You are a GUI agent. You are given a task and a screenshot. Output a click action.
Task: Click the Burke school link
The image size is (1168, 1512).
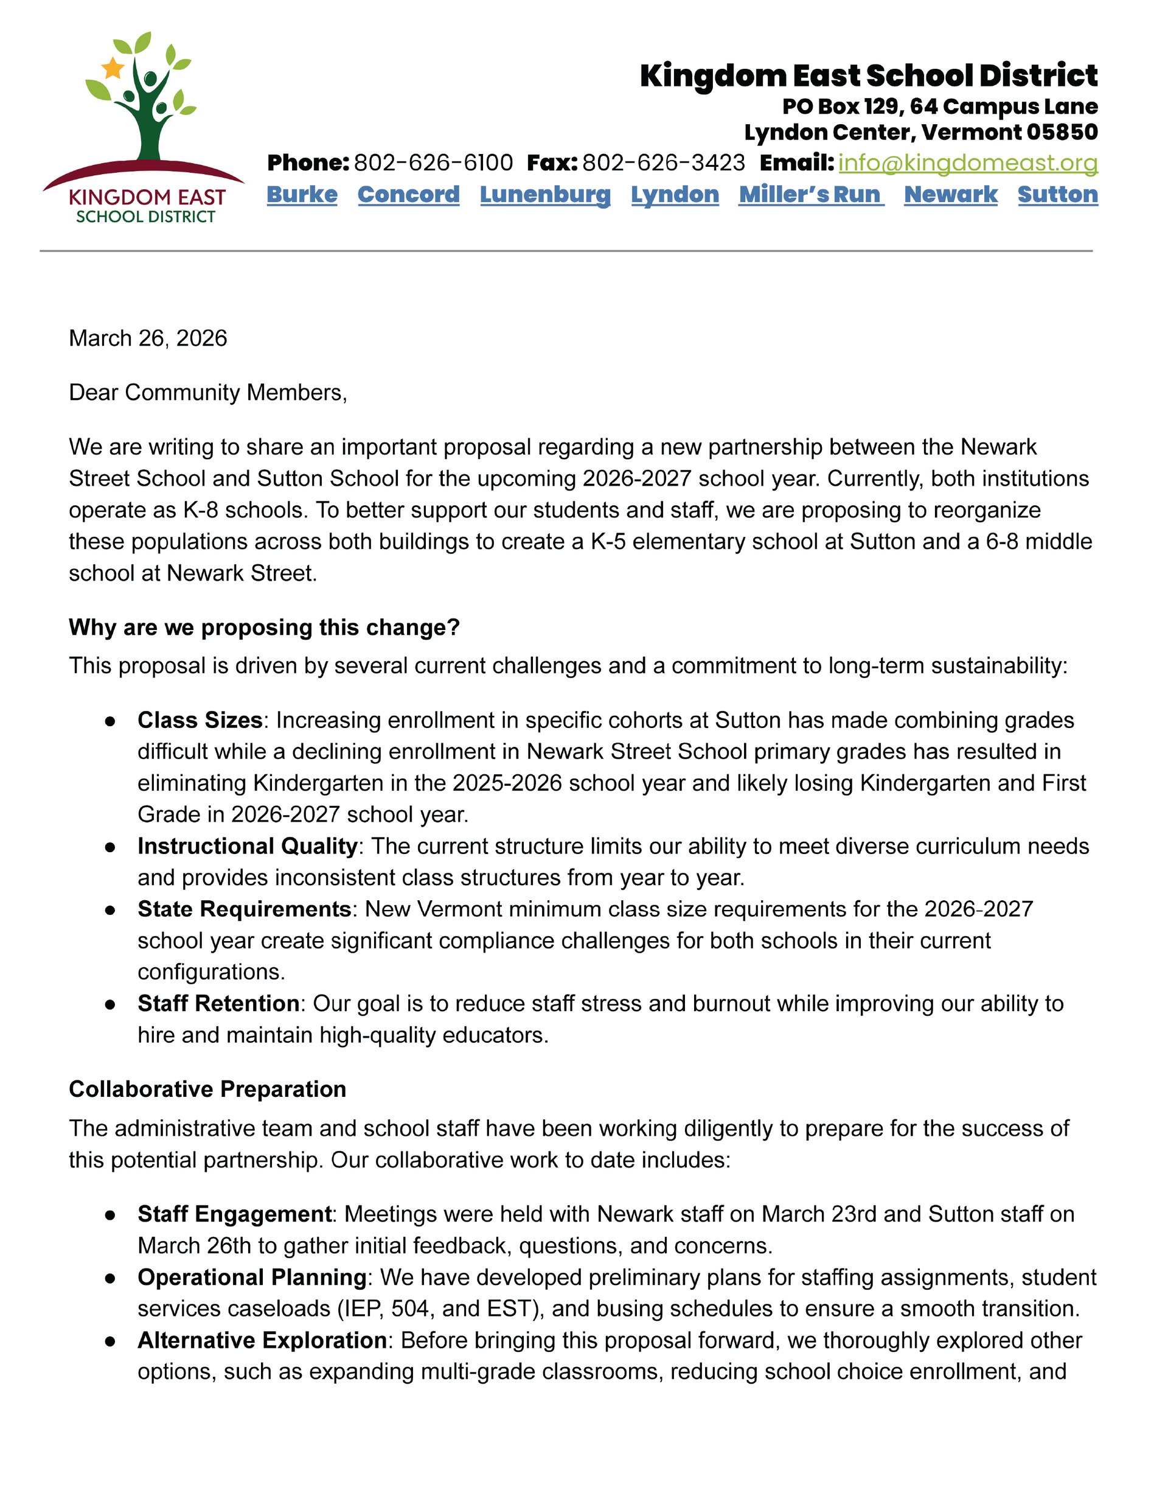pyautogui.click(x=302, y=195)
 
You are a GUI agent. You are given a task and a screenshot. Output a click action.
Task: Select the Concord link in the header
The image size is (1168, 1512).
pyautogui.click(x=408, y=195)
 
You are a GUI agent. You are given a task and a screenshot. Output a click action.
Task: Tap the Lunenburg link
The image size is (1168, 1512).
pyautogui.click(x=544, y=195)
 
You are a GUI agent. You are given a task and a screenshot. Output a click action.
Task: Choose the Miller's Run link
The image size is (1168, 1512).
pyautogui.click(x=811, y=195)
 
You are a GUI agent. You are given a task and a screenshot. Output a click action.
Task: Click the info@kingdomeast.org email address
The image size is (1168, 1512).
pyautogui.click(x=967, y=163)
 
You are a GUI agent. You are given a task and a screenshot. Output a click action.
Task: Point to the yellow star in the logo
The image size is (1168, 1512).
pyautogui.click(x=112, y=68)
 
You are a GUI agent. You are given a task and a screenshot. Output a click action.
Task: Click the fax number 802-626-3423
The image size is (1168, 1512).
pyautogui.click(x=663, y=163)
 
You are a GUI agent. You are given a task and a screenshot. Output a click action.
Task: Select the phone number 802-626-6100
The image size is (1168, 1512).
pyautogui.click(x=433, y=163)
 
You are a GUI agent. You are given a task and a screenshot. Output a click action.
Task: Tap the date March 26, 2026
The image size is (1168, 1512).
pyautogui.click(x=148, y=338)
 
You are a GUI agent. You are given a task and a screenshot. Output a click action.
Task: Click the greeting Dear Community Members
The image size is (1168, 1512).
pyautogui.click(x=207, y=393)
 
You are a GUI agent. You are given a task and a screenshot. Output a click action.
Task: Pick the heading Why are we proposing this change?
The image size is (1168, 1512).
pyautogui.click(x=265, y=627)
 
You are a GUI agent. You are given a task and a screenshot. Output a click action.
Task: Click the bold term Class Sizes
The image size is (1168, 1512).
pyautogui.click(x=200, y=720)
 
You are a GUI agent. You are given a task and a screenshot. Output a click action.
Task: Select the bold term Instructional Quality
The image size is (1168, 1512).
pyautogui.click(x=247, y=846)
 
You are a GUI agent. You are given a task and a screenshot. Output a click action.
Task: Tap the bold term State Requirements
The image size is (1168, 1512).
pyautogui.click(x=245, y=909)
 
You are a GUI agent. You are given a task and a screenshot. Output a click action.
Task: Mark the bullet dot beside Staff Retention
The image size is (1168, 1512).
pyautogui.click(x=110, y=1004)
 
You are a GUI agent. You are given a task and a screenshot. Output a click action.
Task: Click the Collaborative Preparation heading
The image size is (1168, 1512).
pyautogui.click(x=207, y=1089)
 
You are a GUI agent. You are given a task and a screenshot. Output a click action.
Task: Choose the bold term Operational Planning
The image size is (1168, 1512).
pyautogui.click(x=252, y=1276)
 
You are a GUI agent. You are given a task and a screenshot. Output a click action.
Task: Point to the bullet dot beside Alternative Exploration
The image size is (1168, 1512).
pyautogui.click(x=110, y=1341)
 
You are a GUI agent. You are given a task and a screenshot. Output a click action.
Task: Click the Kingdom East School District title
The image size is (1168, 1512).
pyautogui.click(x=868, y=75)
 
